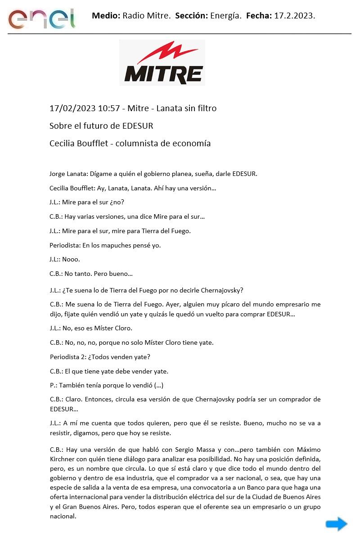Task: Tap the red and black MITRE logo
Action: pyautogui.click(x=162, y=63)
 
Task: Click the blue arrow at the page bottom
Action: pyautogui.click(x=336, y=524)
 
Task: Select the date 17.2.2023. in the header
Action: pyautogui.click(x=295, y=16)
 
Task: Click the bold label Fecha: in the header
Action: pyautogui.click(x=259, y=16)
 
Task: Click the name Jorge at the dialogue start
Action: pyautogui.click(x=58, y=174)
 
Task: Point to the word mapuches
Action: pyautogui.click(x=115, y=245)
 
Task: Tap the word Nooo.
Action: pyautogui.click(x=73, y=260)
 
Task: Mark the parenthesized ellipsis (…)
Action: pyautogui.click(x=158, y=386)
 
